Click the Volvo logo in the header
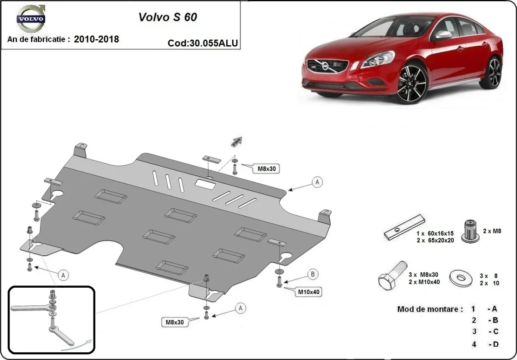tap(30, 20)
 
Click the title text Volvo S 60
tap(168, 17)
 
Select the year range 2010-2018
tap(97, 39)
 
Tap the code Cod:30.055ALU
tap(202, 43)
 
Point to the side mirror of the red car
tap(442, 35)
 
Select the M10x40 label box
tap(309, 292)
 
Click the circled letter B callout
tap(313, 273)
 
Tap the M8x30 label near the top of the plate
tap(266, 169)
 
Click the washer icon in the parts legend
tap(461, 278)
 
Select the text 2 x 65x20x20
tap(435, 240)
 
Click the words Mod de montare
tap(430, 309)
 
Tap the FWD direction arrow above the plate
tap(237, 142)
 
